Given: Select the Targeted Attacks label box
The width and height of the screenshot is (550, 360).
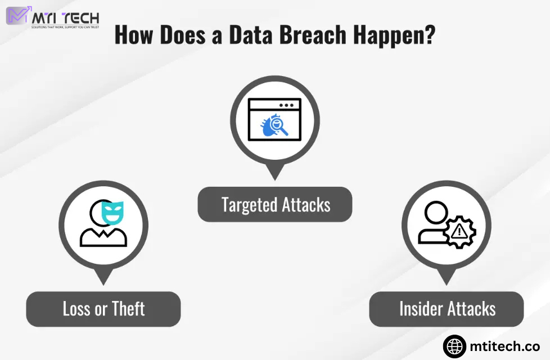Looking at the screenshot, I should pos(275,204).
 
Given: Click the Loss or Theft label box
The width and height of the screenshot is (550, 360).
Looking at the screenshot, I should pos(103,309).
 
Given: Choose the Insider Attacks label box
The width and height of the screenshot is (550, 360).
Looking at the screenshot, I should pos(447,309).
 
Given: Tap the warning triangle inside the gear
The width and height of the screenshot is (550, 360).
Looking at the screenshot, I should pos(459,231).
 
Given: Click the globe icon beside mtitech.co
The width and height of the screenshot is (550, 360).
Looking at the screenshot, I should pos(454,346).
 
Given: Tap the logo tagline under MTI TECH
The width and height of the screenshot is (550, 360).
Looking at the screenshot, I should pos(65,27).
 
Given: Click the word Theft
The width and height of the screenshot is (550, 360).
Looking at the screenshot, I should pos(128,309).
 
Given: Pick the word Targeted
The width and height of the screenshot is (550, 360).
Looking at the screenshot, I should pos(246,204).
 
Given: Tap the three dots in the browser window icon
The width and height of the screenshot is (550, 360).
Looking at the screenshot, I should pos(286,105).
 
